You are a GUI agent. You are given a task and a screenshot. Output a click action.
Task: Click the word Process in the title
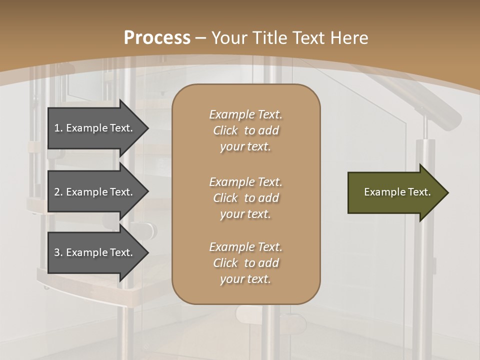pyautogui.click(x=157, y=38)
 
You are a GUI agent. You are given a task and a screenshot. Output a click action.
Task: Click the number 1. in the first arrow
pyautogui.click(x=58, y=128)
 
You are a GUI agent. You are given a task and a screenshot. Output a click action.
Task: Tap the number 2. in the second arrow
pyautogui.click(x=58, y=192)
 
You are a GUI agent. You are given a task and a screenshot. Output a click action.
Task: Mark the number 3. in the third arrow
pyautogui.click(x=58, y=252)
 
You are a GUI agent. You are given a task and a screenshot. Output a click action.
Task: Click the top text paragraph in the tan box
pyautogui.click(x=245, y=130)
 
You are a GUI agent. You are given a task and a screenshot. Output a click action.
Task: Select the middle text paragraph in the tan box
pyautogui.click(x=245, y=198)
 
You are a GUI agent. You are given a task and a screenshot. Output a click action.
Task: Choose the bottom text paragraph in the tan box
pyautogui.click(x=245, y=263)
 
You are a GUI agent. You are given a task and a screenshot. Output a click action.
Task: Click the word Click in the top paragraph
pyautogui.click(x=225, y=130)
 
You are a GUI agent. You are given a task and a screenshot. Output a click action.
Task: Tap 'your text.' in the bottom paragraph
pyautogui.click(x=245, y=279)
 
